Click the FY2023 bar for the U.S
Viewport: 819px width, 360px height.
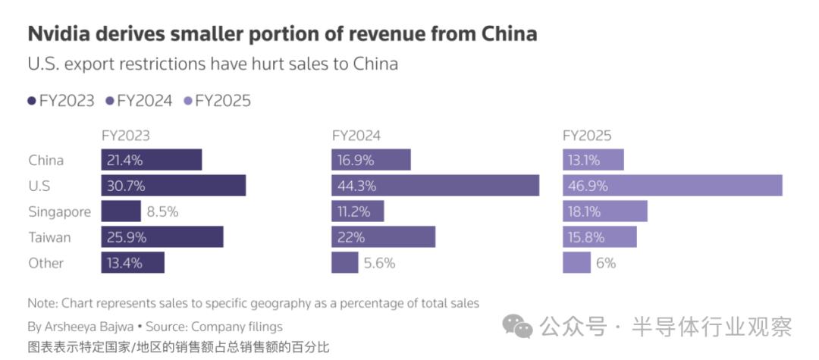click(174, 186)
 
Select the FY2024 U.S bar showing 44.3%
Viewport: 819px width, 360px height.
click(435, 186)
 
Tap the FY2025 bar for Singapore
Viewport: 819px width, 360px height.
click(604, 211)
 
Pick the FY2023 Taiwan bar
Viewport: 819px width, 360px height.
click(162, 237)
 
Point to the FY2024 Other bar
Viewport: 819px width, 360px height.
click(345, 263)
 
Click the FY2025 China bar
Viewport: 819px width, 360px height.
click(593, 160)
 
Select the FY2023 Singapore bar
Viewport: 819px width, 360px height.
click(121, 211)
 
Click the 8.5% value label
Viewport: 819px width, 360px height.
click(162, 212)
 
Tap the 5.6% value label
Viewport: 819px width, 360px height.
click(380, 264)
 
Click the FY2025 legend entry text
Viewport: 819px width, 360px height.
click(223, 101)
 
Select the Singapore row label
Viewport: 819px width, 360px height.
click(59, 212)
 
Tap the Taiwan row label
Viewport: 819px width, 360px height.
click(50, 238)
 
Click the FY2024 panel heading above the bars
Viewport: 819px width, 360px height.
click(356, 136)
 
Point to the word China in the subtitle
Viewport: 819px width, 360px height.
click(375, 64)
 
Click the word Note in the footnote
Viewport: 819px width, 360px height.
click(41, 303)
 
